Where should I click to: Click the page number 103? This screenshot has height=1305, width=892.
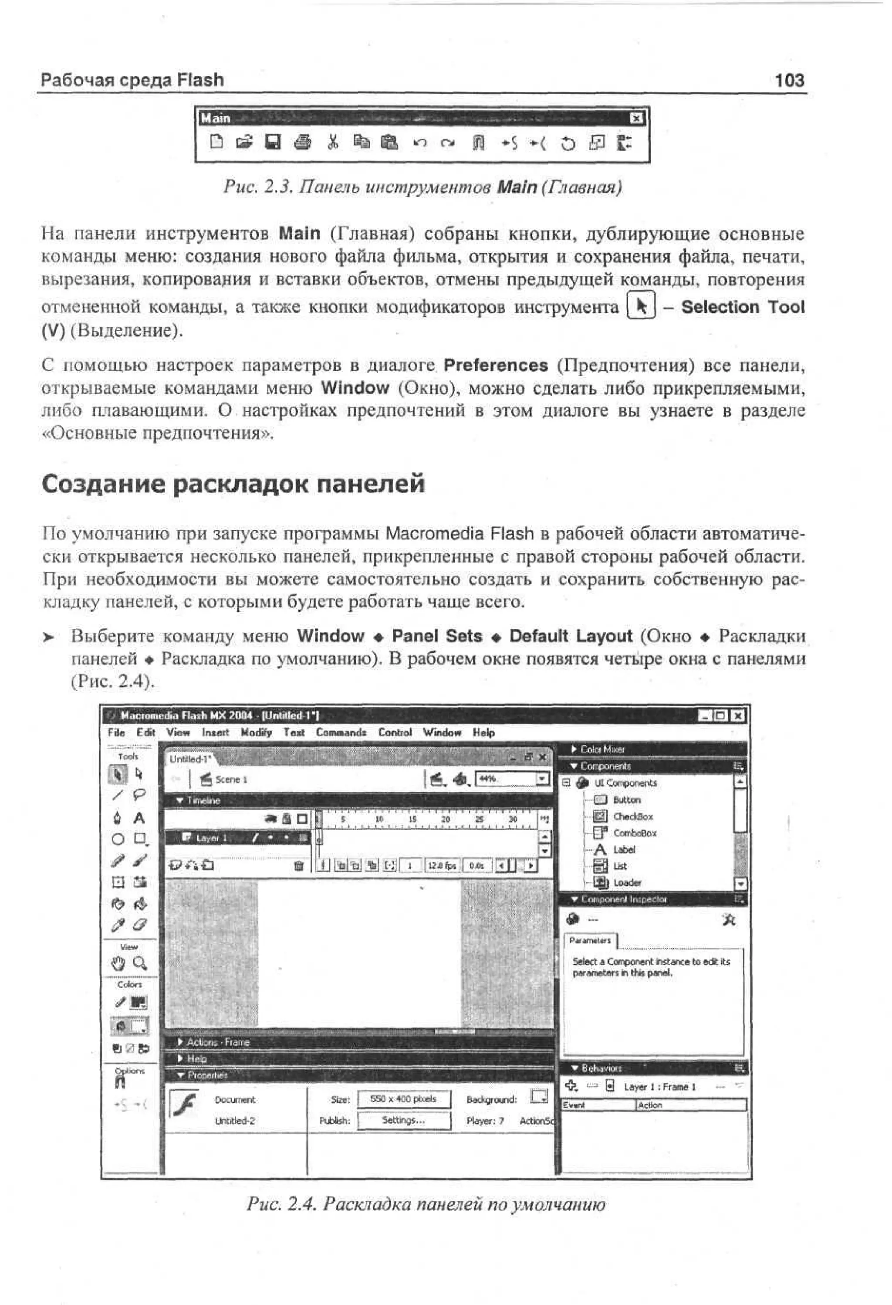789,80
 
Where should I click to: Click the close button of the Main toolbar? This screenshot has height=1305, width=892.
635,119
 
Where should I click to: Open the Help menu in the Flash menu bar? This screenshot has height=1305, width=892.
483,732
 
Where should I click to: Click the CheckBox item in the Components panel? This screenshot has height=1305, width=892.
632,817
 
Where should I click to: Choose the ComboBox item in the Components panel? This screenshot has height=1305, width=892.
634,833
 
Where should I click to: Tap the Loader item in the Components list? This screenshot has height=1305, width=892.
627,882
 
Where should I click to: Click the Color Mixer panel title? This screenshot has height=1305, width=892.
602,749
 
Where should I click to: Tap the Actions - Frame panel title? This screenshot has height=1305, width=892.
218,1042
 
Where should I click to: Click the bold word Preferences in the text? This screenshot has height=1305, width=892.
496,366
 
